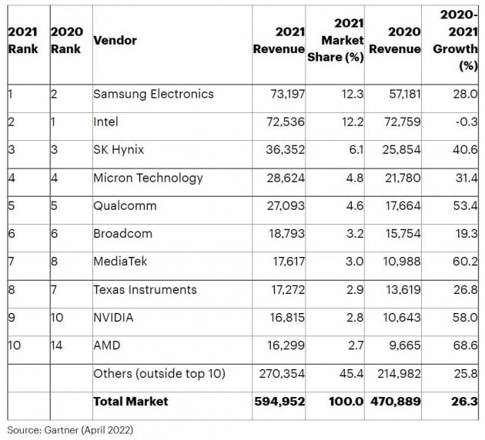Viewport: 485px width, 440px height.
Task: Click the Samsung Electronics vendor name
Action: pyautogui.click(x=153, y=94)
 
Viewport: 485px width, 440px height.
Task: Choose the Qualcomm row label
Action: pyautogui.click(x=125, y=205)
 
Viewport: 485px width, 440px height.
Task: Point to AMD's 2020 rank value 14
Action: pyautogui.click(x=57, y=345)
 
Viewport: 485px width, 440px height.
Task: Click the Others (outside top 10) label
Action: pyautogui.click(x=159, y=374)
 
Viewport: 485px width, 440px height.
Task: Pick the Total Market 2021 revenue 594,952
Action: pyautogui.click(x=279, y=402)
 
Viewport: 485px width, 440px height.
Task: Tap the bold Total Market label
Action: pyautogui.click(x=130, y=402)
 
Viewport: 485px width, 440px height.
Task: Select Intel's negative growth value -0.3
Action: pyautogui.click(x=465, y=122)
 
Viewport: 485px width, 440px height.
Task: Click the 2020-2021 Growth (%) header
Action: pyautogui.click(x=457, y=39)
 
